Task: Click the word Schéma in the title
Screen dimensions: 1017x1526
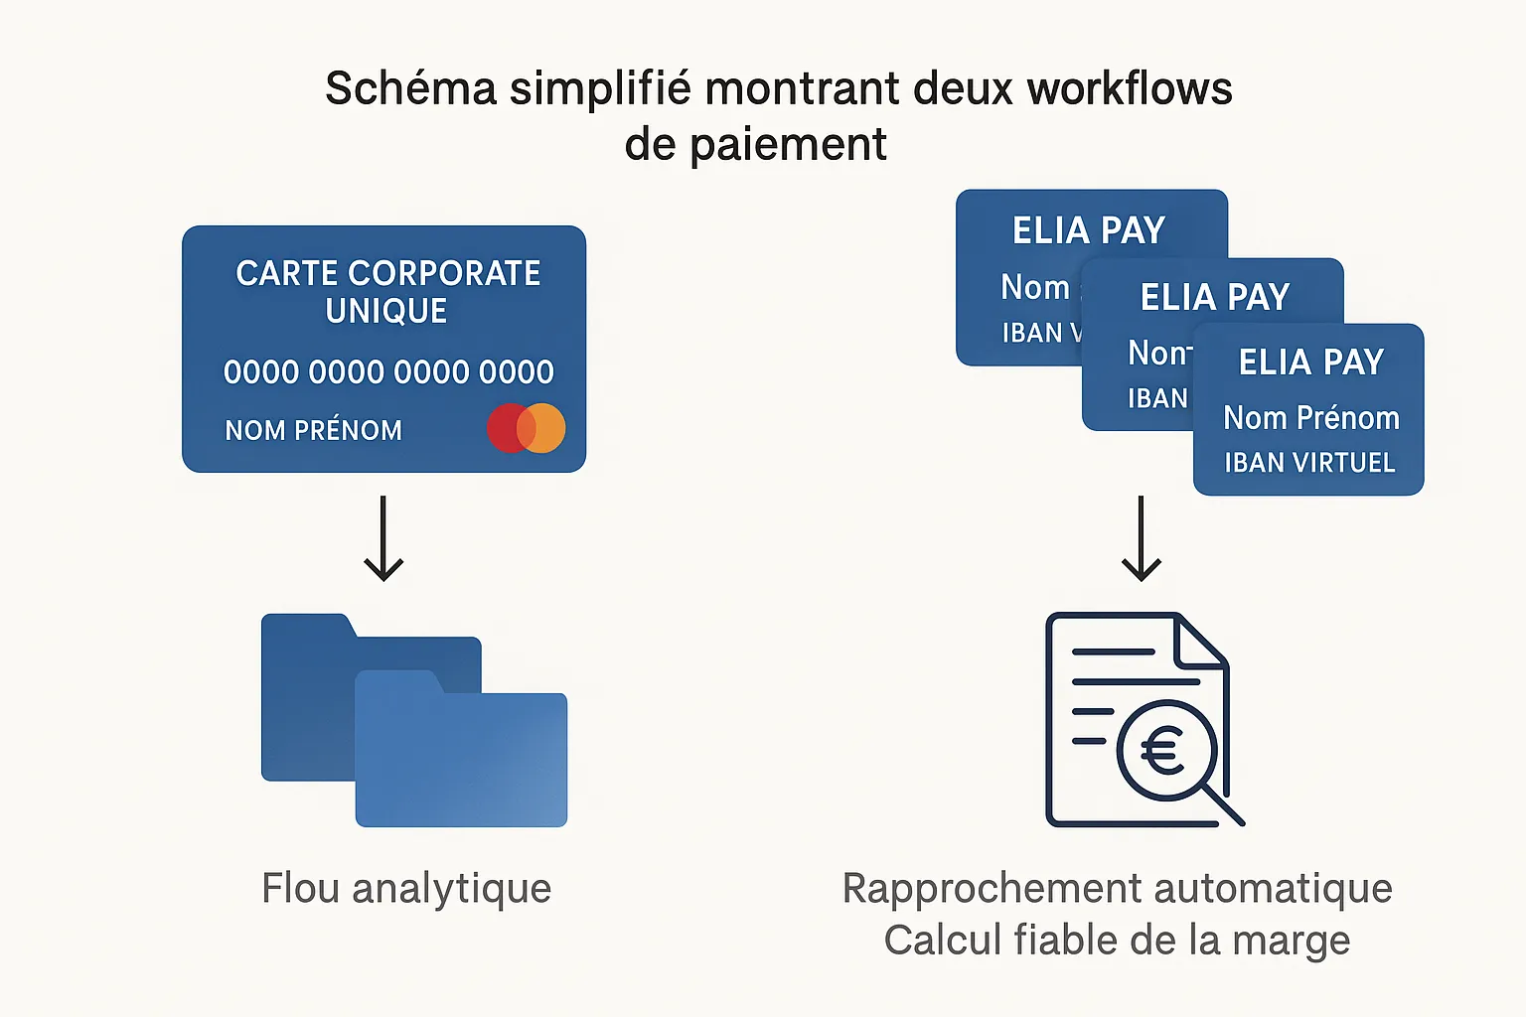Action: pyautogui.click(x=410, y=89)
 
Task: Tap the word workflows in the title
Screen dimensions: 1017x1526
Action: pyautogui.click(x=1130, y=89)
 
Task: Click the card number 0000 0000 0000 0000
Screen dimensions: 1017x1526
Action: pyautogui.click(x=388, y=372)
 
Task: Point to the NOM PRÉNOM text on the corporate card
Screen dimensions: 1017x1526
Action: pyautogui.click(x=313, y=430)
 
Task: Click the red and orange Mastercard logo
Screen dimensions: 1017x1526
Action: pyautogui.click(x=526, y=428)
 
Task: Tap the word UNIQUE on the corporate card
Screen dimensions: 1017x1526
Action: pyautogui.click(x=386, y=312)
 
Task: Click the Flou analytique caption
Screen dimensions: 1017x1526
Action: pyautogui.click(x=406, y=888)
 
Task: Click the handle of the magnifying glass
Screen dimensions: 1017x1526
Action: pyautogui.click(x=1224, y=805)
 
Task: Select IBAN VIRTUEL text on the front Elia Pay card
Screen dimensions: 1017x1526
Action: pyautogui.click(x=1309, y=463)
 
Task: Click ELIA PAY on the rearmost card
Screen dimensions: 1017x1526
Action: pyautogui.click(x=1089, y=230)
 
